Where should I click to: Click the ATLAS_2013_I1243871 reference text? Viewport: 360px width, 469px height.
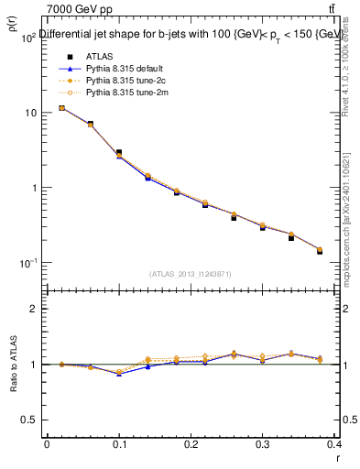[x=191, y=274]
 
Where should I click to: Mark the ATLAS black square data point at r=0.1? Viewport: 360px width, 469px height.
[x=118, y=152]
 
